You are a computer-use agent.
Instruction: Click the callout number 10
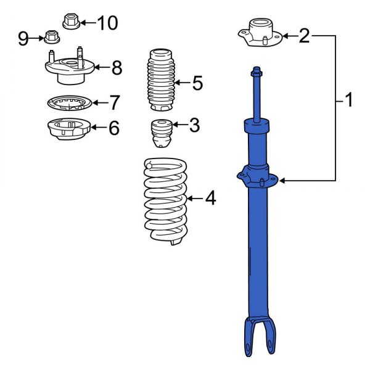(107, 23)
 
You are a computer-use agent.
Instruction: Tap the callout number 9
(23, 39)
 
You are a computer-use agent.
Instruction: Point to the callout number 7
(114, 102)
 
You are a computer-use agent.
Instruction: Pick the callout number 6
(114, 128)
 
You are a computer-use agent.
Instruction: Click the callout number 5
(197, 83)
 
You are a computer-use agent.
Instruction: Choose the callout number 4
(210, 199)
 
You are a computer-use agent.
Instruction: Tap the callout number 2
(304, 36)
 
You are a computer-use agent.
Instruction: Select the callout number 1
(349, 100)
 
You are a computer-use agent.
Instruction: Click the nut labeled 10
(70, 22)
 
